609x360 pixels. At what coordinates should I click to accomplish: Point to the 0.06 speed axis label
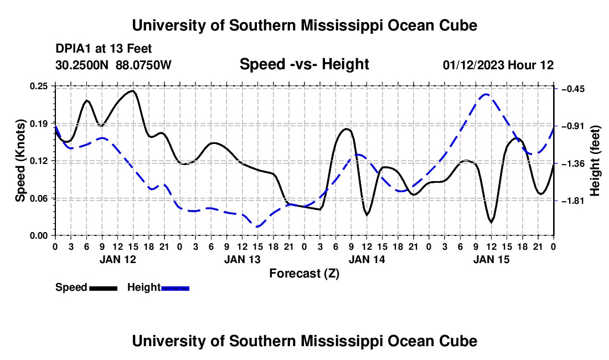[39, 198]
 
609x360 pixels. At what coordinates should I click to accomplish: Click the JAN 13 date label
[242, 259]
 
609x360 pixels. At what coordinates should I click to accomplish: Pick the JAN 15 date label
[491, 259]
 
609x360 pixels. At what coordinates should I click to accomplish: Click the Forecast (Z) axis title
[304, 274]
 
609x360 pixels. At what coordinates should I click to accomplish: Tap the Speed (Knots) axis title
[20, 161]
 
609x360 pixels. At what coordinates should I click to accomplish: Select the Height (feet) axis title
[595, 161]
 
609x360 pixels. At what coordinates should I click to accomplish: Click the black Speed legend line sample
[104, 288]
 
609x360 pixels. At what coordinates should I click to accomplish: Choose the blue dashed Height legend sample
[175, 288]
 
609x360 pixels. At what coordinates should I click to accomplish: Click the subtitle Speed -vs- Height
[304, 64]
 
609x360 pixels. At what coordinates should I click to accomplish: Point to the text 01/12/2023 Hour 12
[498, 65]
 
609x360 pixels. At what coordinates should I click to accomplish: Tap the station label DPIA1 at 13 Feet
[104, 49]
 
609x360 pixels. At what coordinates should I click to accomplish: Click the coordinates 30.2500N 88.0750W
[113, 65]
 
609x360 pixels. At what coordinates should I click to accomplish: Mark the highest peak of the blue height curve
[486, 94]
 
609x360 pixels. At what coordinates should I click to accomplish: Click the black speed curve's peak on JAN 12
[133, 91]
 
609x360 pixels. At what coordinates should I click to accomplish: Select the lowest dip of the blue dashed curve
[257, 227]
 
